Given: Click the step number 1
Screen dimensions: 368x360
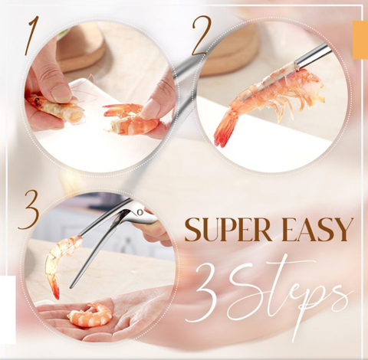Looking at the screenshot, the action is [x=33, y=36].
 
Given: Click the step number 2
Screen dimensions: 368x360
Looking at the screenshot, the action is [x=202, y=35].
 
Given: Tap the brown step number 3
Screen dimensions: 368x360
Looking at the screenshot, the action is [x=29, y=210].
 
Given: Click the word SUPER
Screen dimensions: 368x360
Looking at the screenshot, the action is [x=228, y=230].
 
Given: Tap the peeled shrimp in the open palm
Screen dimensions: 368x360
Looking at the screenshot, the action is [x=90, y=315].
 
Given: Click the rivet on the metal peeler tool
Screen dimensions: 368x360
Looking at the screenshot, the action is [x=140, y=212].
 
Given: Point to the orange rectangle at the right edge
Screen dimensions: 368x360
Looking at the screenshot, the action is [x=360, y=40].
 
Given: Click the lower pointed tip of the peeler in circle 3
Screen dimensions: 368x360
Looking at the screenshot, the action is [x=71, y=286].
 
